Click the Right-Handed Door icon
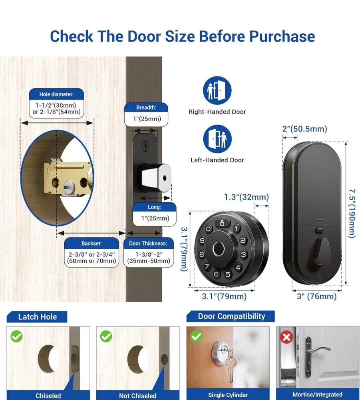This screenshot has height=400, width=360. [217, 90]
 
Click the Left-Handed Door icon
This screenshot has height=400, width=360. [217, 139]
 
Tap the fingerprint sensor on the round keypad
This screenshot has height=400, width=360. [219, 249]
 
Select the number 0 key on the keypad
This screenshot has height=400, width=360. [209, 229]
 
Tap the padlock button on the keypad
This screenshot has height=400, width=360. [222, 223]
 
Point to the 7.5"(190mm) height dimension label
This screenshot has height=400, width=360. [352, 213]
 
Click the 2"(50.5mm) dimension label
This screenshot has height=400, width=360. [304, 129]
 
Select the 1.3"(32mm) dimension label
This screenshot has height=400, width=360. [247, 197]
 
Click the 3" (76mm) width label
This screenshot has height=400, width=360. [317, 296]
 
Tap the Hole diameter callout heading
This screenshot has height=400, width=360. [56, 94]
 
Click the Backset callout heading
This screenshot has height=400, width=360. [91, 243]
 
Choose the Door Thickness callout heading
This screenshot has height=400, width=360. [148, 243]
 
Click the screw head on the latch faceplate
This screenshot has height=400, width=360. [145, 146]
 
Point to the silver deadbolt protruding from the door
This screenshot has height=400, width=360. [155, 178]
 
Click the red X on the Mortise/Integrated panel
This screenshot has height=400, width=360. [286, 337]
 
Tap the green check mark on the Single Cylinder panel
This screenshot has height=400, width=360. [197, 336]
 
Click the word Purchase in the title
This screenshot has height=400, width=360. [282, 36]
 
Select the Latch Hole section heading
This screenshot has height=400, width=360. [38, 317]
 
